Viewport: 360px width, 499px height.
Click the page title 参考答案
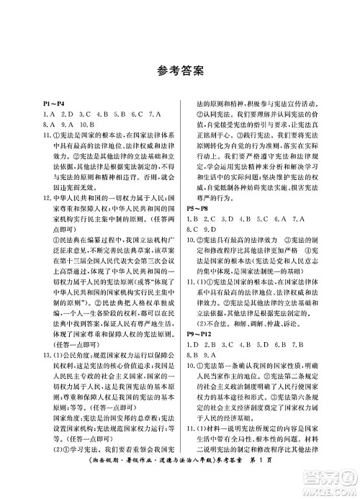pos(179,71)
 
